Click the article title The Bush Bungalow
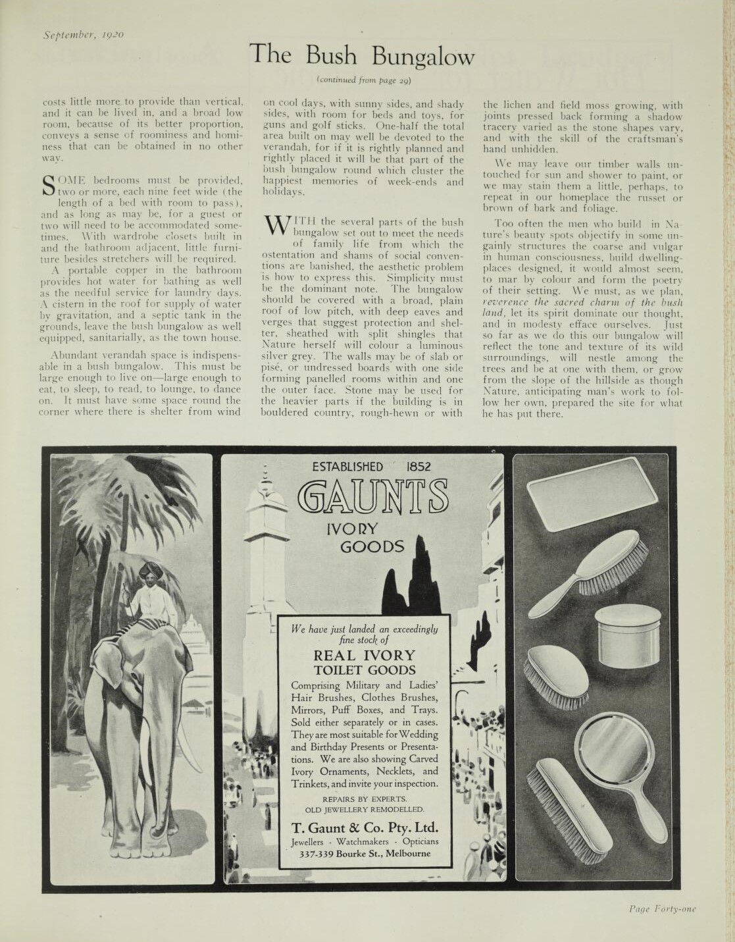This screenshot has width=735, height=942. pyautogui.click(x=363, y=55)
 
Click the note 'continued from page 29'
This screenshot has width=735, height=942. pyautogui.click(x=364, y=80)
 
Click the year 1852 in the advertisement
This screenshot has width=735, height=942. pyautogui.click(x=418, y=467)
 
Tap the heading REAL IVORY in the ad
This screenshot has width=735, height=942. pyautogui.click(x=365, y=656)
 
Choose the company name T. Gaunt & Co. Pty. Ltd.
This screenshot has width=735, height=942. pyautogui.click(x=365, y=827)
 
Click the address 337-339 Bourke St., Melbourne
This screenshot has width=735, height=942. pyautogui.click(x=365, y=854)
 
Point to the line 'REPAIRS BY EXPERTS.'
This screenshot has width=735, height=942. pyautogui.click(x=365, y=798)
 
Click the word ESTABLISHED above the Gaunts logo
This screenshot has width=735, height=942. pyautogui.click(x=347, y=467)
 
